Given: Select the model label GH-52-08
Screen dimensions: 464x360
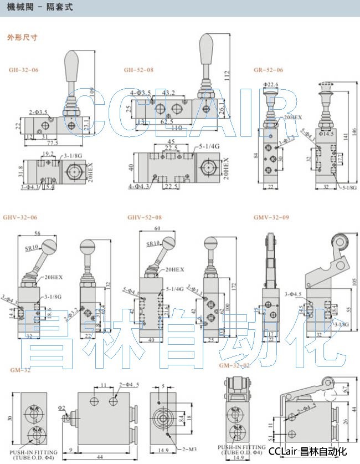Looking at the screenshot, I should [138, 70].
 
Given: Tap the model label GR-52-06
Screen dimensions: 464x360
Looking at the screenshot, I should [268, 70].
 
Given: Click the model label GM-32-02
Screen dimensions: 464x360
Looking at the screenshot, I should [234, 365].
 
